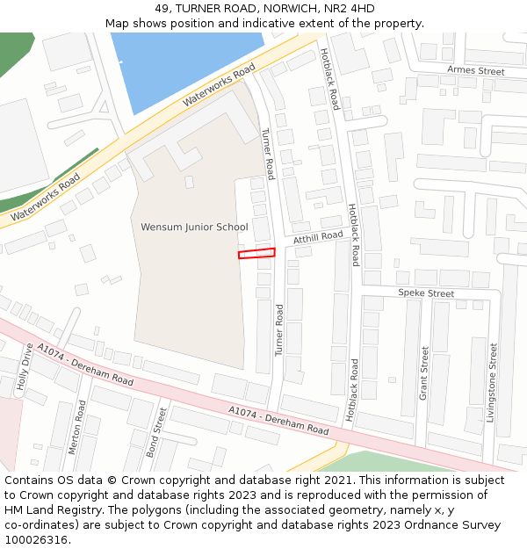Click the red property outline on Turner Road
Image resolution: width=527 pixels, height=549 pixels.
click(x=256, y=253)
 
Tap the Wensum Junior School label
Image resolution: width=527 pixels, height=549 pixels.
click(x=194, y=228)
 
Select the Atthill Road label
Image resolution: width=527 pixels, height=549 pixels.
click(x=318, y=237)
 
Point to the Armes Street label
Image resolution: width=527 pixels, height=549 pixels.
click(x=475, y=70)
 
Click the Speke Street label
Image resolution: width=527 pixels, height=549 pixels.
click(x=426, y=293)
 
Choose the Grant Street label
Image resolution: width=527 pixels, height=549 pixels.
click(x=424, y=373)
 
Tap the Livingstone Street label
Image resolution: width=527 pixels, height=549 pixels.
click(x=492, y=383)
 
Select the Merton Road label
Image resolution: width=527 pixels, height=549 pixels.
click(x=76, y=427)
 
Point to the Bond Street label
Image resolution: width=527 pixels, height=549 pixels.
click(x=155, y=431)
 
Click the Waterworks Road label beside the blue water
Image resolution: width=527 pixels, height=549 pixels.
click(x=219, y=85)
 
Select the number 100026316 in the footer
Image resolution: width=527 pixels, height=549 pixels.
click(x=34, y=540)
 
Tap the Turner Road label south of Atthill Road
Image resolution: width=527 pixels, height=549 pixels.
click(x=279, y=329)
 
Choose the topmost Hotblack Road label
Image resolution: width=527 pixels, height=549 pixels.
click(x=328, y=79)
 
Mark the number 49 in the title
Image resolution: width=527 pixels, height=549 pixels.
click(x=162, y=9)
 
